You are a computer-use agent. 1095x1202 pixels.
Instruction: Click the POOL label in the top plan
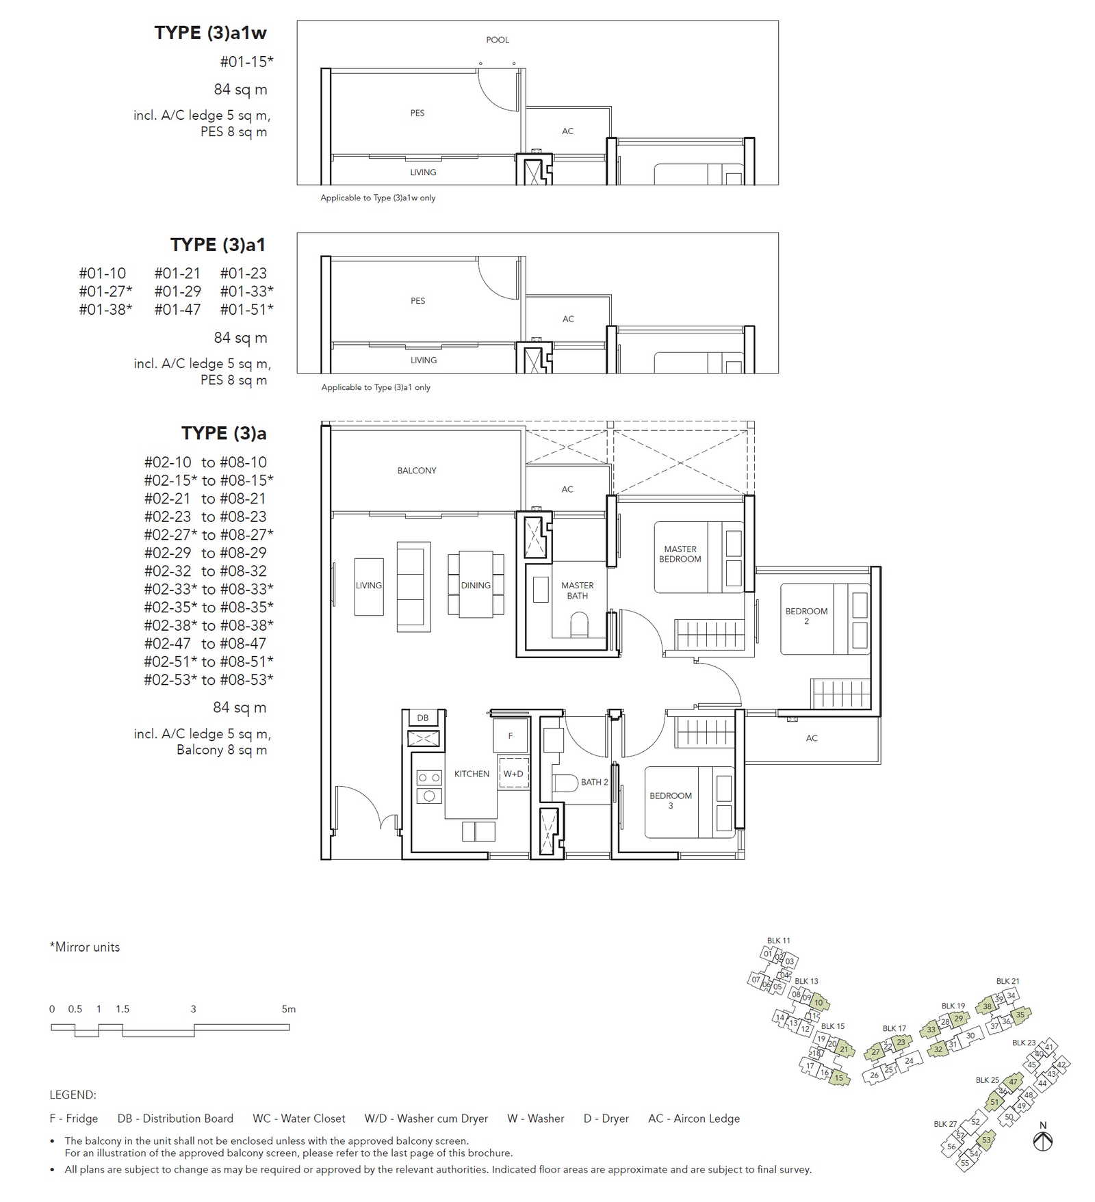498,40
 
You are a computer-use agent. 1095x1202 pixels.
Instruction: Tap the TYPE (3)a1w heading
210,33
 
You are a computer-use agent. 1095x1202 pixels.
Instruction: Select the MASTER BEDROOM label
680,554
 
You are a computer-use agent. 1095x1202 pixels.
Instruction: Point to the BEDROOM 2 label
806,616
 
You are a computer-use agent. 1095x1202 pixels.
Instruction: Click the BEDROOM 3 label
671,800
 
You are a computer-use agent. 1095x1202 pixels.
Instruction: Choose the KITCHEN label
472,774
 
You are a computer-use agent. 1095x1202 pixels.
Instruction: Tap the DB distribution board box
423,718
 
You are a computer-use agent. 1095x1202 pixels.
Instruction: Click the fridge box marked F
511,735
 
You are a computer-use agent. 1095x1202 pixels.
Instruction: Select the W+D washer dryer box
513,773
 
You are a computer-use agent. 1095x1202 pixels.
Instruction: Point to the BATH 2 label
594,782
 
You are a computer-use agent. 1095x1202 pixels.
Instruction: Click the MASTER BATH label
578,590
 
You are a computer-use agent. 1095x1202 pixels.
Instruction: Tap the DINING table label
476,586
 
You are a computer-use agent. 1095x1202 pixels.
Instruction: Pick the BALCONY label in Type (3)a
417,471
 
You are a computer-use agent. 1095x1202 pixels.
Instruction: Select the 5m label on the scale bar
289,1009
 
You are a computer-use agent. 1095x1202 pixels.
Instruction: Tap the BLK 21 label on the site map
1007,981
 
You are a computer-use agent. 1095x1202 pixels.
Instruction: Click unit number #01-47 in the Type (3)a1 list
178,309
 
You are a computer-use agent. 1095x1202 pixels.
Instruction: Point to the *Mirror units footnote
85,947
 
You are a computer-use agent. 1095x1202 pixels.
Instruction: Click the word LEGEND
73,1095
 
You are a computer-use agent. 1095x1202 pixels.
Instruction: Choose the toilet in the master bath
579,624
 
